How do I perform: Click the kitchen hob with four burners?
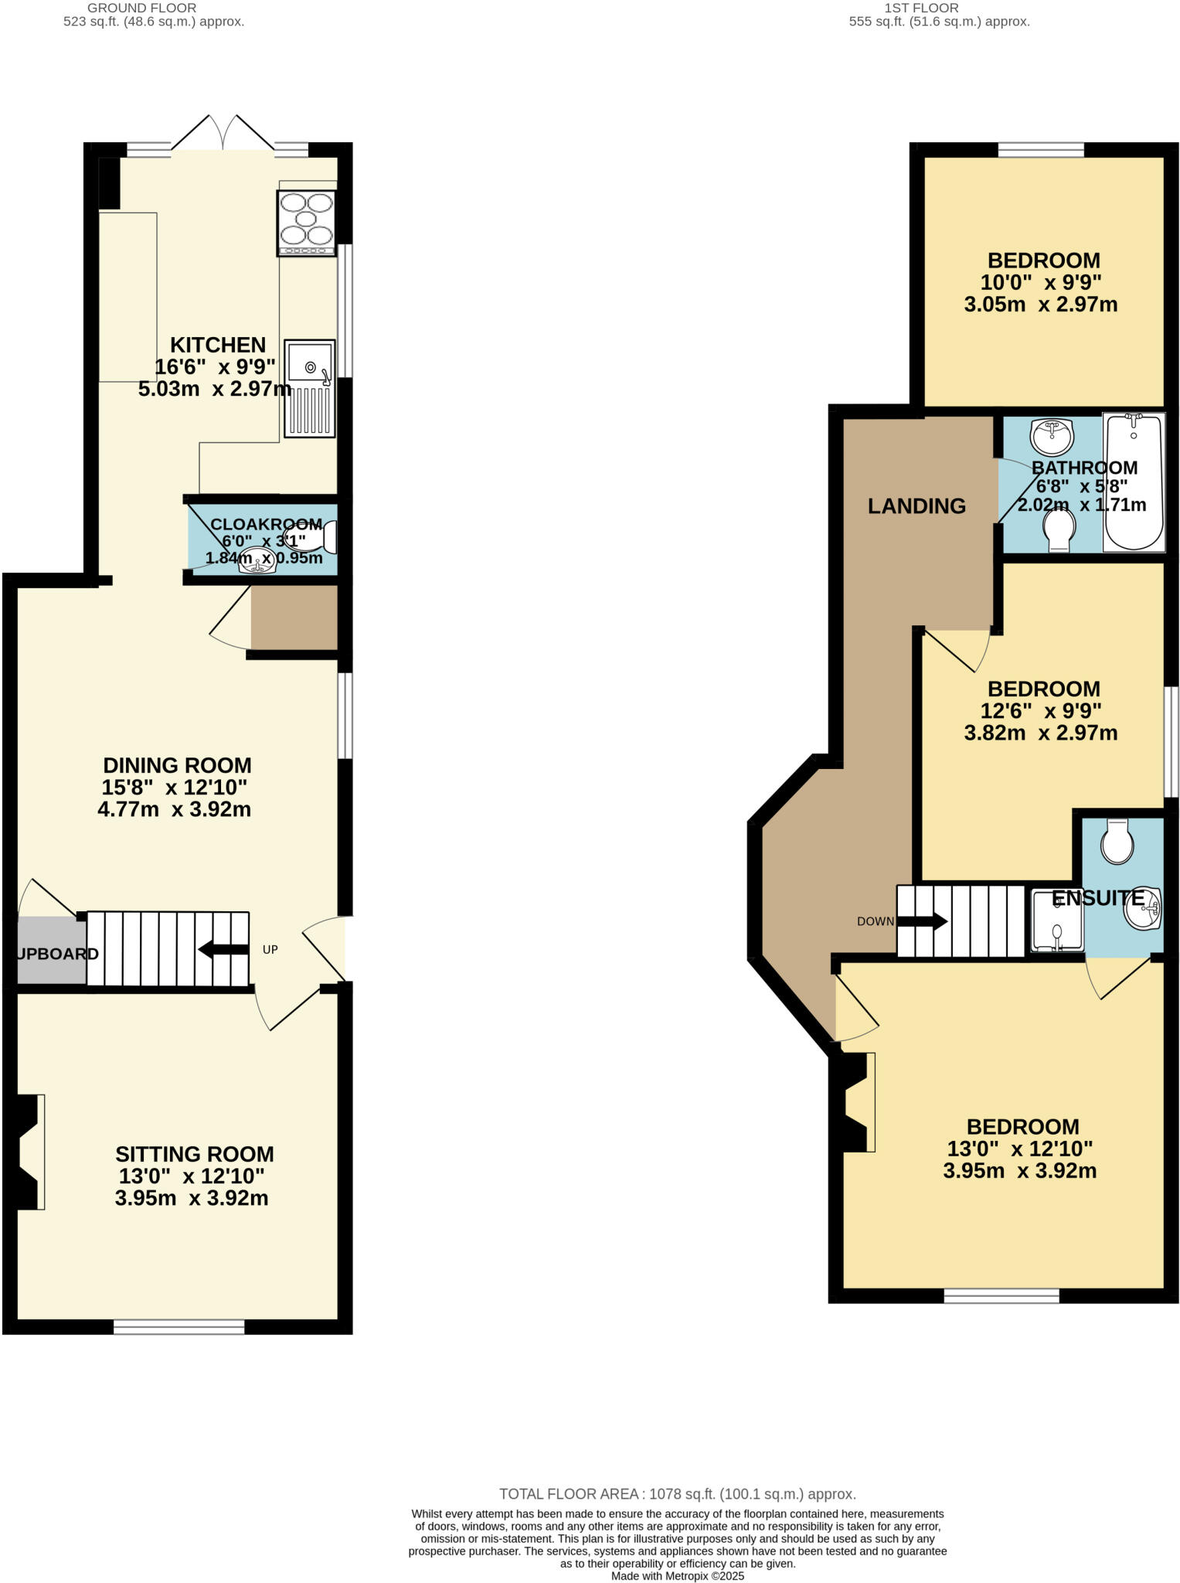click(x=307, y=223)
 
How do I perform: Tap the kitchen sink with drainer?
click(x=310, y=389)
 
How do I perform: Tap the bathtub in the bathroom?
click(x=1134, y=482)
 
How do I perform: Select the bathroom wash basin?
click(x=1051, y=437)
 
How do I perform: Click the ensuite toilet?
click(x=1117, y=841)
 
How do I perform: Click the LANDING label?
click(x=916, y=506)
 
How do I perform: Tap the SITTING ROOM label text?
click(x=195, y=1154)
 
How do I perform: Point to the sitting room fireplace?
click(x=29, y=1152)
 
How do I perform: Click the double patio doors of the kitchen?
click(x=223, y=134)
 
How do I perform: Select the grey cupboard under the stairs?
click(x=51, y=952)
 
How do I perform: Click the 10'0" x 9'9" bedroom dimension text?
click(x=1040, y=282)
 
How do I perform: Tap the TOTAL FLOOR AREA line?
click(x=677, y=1494)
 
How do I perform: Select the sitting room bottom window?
click(x=179, y=1327)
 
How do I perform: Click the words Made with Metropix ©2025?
click(x=677, y=1575)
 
